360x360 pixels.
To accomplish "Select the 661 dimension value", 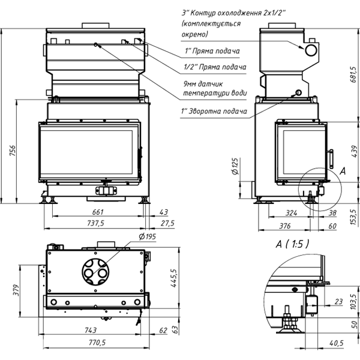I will point(99,211).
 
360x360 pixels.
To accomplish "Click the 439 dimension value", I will point(353,148).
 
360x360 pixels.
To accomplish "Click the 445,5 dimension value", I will point(175,279).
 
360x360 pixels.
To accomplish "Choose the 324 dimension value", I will point(292,212).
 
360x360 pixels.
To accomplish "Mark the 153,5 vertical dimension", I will point(353,215).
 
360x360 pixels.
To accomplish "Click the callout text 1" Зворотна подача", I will point(214,111).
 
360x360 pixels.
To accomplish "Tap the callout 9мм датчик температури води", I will point(214,89).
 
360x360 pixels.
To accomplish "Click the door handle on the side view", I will point(330,157).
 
